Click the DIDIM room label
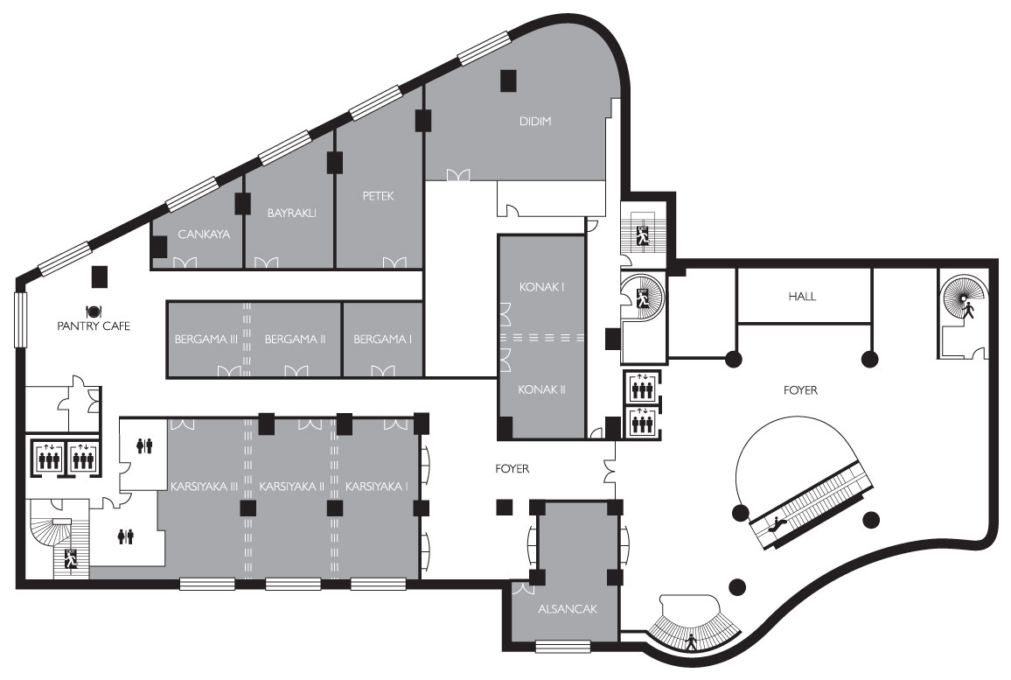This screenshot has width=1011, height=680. tap(535, 122)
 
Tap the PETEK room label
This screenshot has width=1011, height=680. tap(378, 196)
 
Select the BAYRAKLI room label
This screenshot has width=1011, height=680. tap(291, 213)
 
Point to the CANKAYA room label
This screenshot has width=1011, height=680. tap(204, 235)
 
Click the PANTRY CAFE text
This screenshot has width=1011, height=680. tap(94, 326)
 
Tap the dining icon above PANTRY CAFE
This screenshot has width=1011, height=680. tap(94, 311)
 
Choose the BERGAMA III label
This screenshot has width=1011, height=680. tap(206, 340)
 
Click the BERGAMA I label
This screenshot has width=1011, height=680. tap(382, 340)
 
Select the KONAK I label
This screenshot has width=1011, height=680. tap(541, 287)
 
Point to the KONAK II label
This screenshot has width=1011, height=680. tap(541, 389)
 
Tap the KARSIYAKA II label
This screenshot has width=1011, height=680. tap(291, 487)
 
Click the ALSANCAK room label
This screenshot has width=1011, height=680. tap(568, 609)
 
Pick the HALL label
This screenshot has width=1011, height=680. tap(802, 297)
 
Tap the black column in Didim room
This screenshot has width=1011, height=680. tap(509, 80)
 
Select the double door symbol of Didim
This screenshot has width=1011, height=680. tap(458, 175)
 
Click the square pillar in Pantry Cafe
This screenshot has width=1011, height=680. tap(100, 277)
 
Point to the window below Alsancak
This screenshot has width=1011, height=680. tap(563, 645)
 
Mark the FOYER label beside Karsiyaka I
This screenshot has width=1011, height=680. tap(512, 469)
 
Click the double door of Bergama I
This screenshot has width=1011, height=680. tap(383, 371)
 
